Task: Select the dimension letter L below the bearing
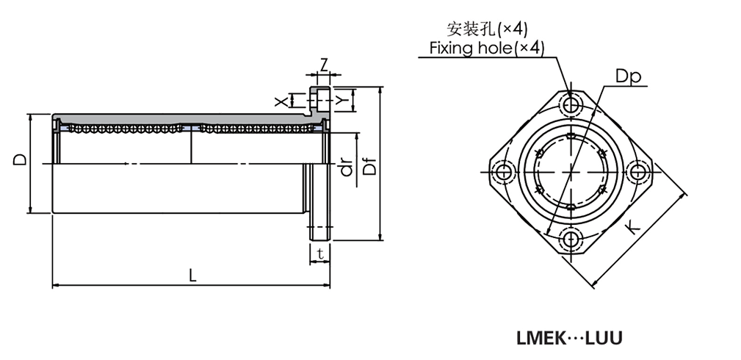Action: [x=192, y=276]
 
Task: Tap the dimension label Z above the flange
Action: [x=323, y=65]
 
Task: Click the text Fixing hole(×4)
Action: [x=486, y=48]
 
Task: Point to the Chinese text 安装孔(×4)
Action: [x=487, y=29]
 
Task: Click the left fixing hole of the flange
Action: [x=502, y=171]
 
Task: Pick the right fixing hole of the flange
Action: [x=638, y=171]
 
